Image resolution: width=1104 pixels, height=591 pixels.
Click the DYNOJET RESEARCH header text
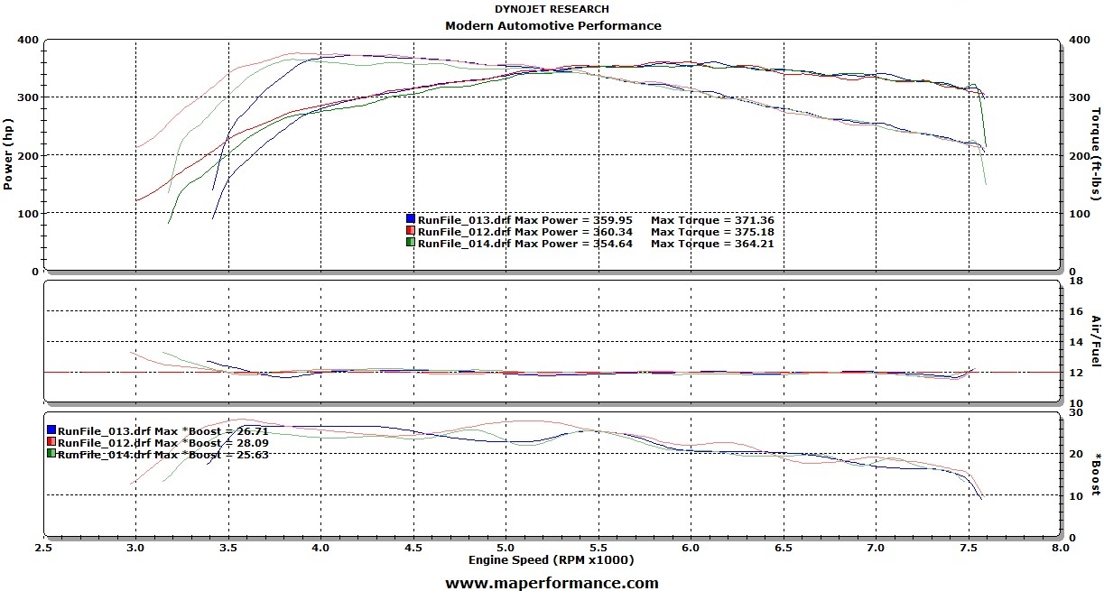(x=552, y=9)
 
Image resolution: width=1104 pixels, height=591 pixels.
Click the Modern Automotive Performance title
(x=552, y=25)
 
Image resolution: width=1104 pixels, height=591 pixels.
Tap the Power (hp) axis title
(x=8, y=154)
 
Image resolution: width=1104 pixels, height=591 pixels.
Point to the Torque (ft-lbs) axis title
(x=1096, y=154)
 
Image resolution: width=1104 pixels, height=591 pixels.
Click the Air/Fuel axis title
(x=1096, y=341)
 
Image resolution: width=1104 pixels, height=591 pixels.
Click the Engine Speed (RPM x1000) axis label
(x=551, y=560)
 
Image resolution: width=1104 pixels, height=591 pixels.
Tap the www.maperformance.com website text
(x=552, y=583)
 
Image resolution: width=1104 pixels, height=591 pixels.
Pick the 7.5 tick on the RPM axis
(x=968, y=548)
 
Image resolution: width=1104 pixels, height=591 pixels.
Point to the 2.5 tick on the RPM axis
(x=43, y=548)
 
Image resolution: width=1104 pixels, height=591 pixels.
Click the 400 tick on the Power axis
(x=27, y=41)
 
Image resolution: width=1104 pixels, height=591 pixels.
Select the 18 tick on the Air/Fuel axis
(x=1075, y=282)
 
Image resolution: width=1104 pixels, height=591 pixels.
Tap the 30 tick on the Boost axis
(x=1075, y=412)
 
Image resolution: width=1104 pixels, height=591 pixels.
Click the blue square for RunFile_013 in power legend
(x=411, y=219)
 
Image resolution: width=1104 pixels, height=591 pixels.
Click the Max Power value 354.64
(x=611, y=244)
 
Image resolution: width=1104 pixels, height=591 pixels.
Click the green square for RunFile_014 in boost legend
(x=51, y=455)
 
